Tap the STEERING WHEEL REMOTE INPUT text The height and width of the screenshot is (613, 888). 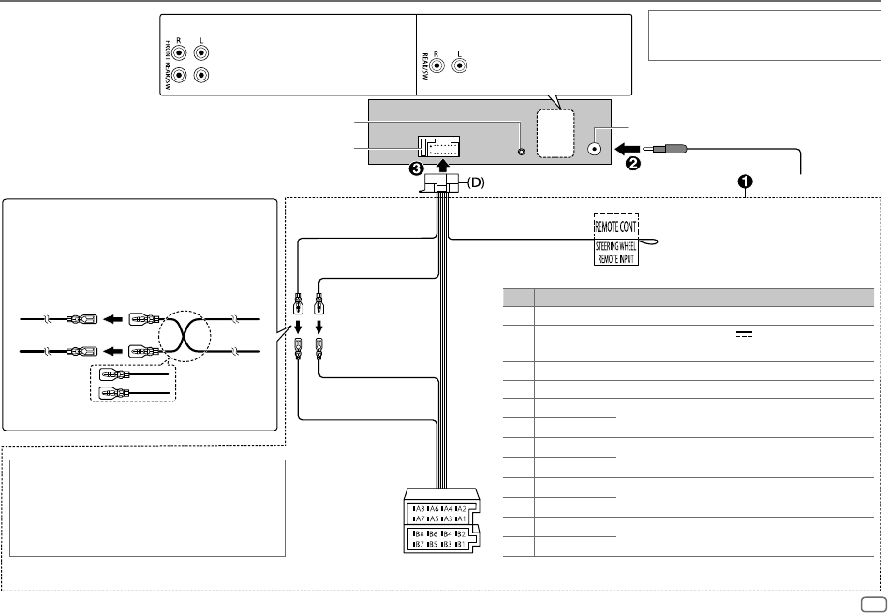coord(617,253)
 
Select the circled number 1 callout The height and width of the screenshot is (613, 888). coord(747,181)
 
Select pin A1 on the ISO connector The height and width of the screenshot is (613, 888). coord(460,518)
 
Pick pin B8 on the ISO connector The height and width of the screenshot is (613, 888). coord(418,533)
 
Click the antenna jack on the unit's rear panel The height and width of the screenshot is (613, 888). coord(595,148)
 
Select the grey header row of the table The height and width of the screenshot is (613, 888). coord(688,298)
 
